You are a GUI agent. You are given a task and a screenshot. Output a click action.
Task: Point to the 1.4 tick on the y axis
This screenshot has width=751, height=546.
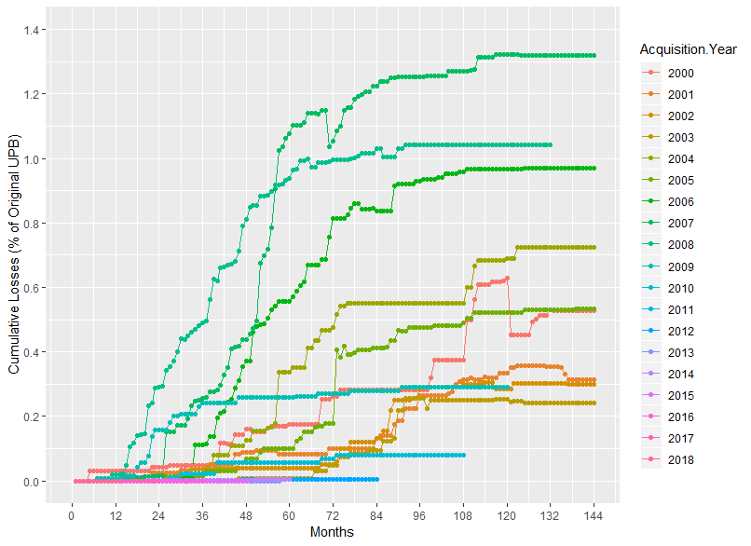[33, 31]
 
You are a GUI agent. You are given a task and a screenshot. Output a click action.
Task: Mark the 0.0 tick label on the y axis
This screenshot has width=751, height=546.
[33, 481]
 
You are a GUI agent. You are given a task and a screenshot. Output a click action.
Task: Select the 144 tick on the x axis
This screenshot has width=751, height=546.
[594, 515]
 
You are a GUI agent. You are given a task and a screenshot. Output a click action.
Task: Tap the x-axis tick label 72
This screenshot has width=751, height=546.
[333, 515]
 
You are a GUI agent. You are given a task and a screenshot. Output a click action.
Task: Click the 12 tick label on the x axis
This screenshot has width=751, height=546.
[115, 515]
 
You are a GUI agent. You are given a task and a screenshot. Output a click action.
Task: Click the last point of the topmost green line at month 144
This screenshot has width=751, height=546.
[594, 56]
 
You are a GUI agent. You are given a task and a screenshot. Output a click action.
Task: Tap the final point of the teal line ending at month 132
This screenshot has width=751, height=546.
[551, 145]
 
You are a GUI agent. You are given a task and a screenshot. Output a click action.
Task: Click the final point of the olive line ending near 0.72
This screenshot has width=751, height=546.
[594, 248]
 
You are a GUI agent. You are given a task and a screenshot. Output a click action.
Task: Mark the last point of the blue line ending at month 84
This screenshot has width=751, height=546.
[376, 479]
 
